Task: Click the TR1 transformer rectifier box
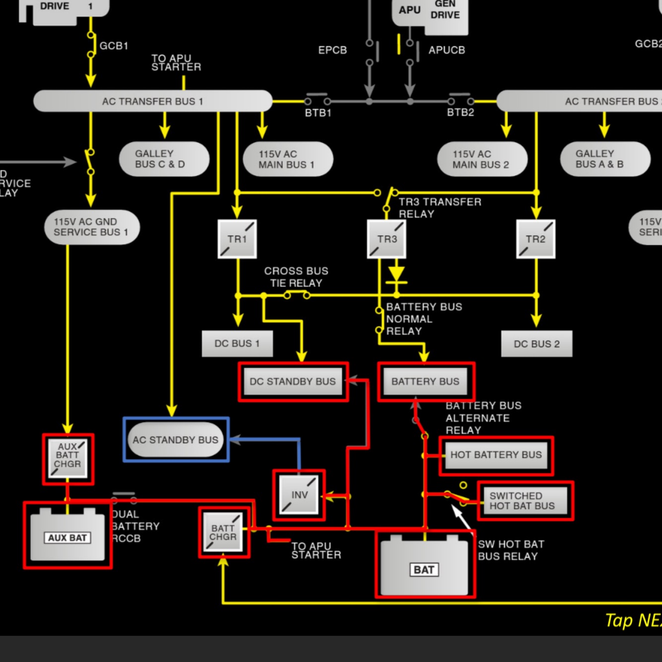point(237,239)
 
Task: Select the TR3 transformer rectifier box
point(387,239)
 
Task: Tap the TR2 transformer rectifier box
point(535,239)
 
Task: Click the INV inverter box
point(299,495)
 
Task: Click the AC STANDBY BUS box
point(176,440)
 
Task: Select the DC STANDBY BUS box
point(293,381)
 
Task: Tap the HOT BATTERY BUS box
point(496,455)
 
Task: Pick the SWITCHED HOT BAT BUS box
point(524,501)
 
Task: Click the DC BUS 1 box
point(237,343)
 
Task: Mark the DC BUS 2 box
point(536,344)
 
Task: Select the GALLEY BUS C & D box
point(164,159)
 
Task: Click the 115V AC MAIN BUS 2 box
point(482,159)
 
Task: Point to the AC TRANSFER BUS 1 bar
point(152,101)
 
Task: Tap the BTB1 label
point(318,113)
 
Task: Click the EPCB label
point(332,50)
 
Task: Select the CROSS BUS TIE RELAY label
point(296,277)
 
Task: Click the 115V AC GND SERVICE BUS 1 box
point(92,227)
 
